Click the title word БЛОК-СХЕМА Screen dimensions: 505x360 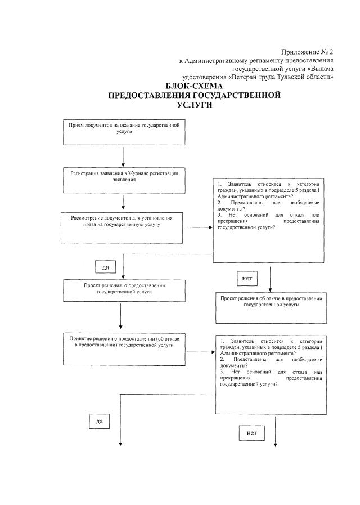tap(194, 86)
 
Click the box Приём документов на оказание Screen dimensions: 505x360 tap(123, 133)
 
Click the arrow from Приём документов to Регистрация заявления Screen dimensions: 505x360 tap(123, 156)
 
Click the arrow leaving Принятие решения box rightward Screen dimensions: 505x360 tap(200, 352)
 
